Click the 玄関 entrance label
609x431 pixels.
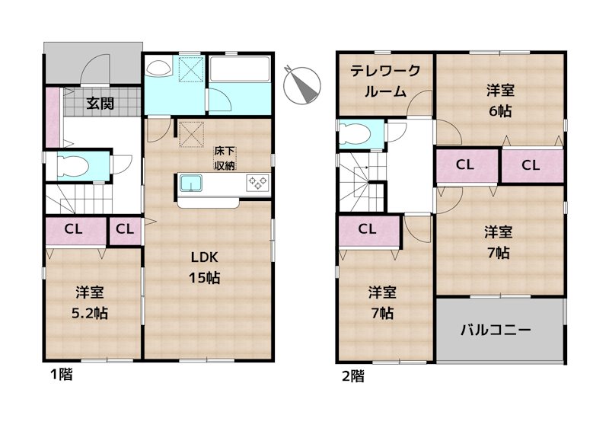[x=100, y=104]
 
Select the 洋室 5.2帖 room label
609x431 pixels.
[x=90, y=302]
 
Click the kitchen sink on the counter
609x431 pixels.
[x=190, y=183]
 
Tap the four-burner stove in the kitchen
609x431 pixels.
[x=257, y=183]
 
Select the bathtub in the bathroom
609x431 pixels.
[x=239, y=71]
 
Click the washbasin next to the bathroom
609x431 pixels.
[x=159, y=69]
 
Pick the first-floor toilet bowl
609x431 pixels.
[x=70, y=165]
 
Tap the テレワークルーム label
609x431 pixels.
[x=385, y=80]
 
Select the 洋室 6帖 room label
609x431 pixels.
[x=500, y=99]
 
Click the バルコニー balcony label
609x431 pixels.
[x=499, y=330]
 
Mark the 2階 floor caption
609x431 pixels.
[x=352, y=375]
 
